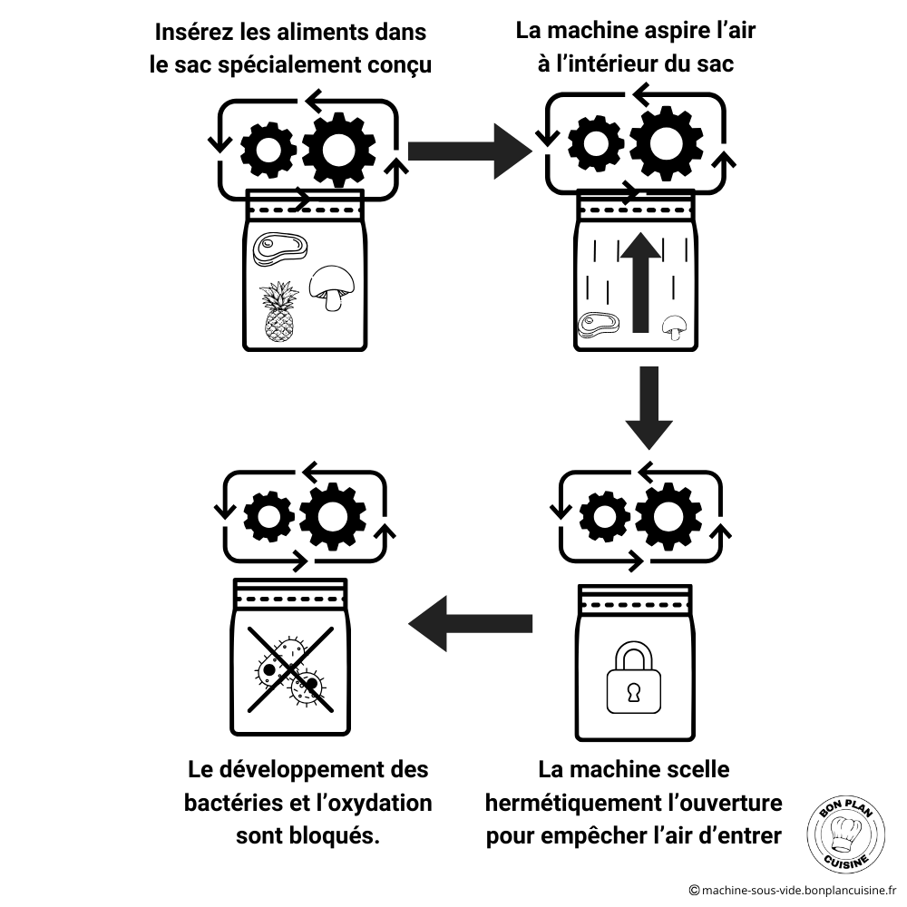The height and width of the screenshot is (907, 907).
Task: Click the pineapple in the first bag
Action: click(x=279, y=311)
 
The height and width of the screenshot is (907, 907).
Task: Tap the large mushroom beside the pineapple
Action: click(x=330, y=289)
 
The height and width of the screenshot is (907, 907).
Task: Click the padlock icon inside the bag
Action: click(x=633, y=679)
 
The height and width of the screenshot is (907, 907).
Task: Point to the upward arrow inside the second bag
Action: click(x=641, y=282)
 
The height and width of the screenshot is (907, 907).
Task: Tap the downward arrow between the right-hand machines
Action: click(x=649, y=407)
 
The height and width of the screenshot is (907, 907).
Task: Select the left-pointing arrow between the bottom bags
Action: click(x=470, y=623)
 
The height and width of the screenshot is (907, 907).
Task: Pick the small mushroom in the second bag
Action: click(x=674, y=326)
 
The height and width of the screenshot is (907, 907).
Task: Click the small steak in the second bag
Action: click(x=599, y=324)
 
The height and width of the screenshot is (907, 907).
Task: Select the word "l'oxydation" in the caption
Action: click(x=372, y=804)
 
